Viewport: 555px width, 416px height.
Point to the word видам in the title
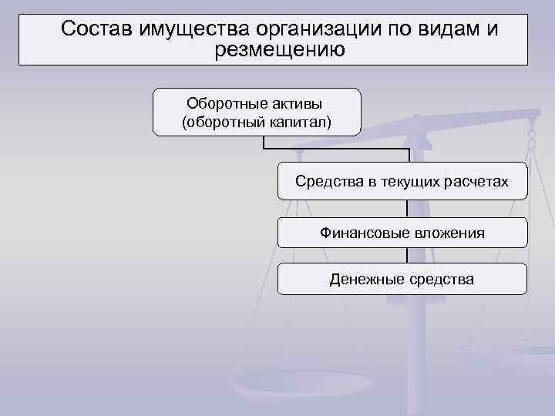point(441,29)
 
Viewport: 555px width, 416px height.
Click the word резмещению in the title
point(282,50)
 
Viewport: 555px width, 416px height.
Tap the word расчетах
point(477,182)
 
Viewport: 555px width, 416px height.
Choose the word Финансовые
point(362,233)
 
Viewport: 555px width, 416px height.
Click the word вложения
point(447,233)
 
